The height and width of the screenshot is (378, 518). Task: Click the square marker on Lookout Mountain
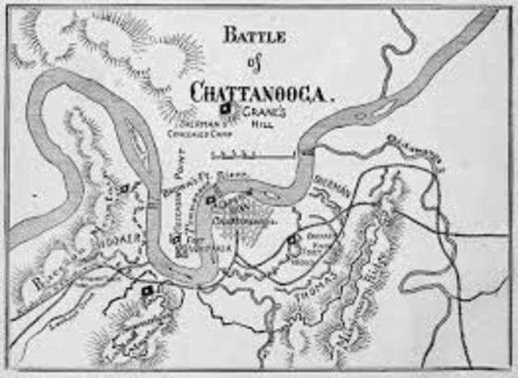pyautogui.click(x=147, y=289)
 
